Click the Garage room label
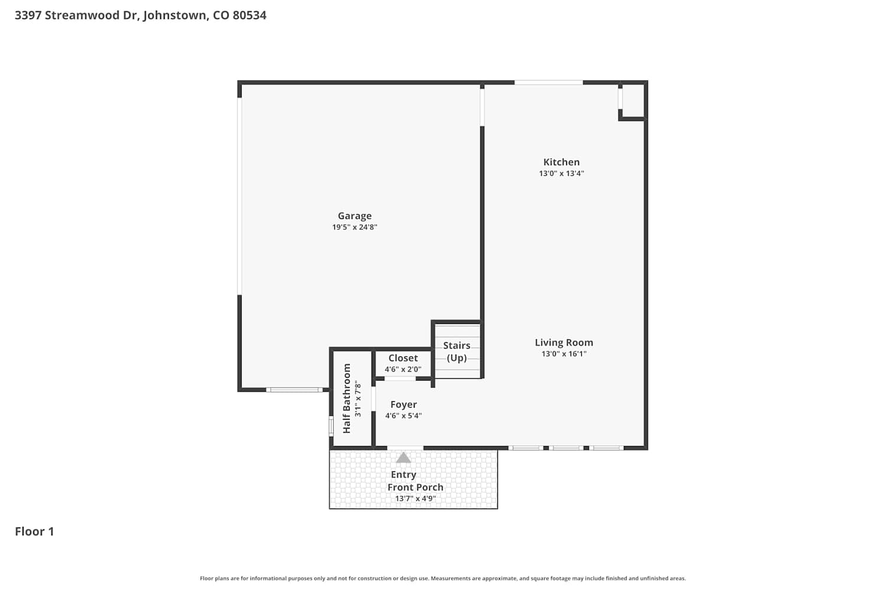[354, 216]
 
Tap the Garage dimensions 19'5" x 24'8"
[354, 227]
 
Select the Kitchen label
[561, 162]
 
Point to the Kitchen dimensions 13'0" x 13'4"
[561, 173]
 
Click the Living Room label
[563, 343]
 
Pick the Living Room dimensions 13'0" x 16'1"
[563, 353]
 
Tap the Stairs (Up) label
[457, 352]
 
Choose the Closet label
[403, 358]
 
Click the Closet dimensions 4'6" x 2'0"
[403, 369]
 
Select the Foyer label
[403, 405]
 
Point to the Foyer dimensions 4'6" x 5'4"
[403, 416]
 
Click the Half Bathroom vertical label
[347, 398]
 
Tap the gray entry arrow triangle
[403, 458]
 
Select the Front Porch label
[415, 487]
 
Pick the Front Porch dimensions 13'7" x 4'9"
[415, 499]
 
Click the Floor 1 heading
[34, 532]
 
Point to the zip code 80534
[249, 15]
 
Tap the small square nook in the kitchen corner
[633, 101]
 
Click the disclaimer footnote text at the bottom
[442, 579]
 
